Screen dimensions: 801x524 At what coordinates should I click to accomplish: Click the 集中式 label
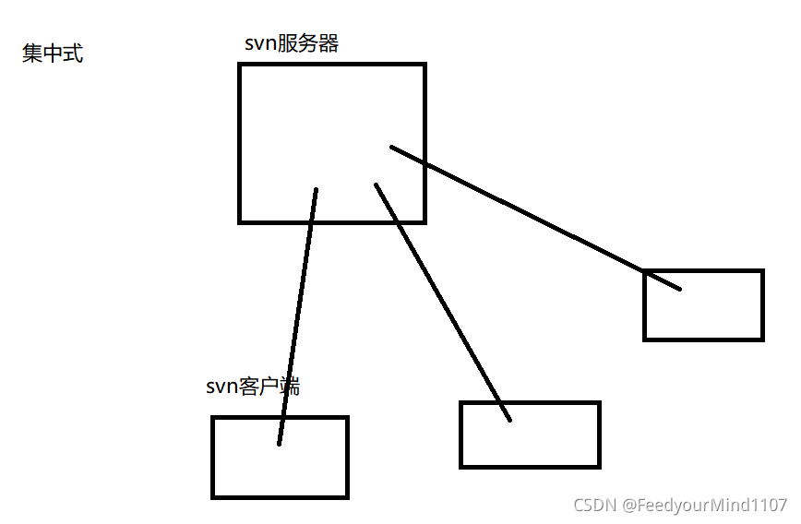(x=53, y=54)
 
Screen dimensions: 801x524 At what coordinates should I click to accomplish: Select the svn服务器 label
(x=292, y=43)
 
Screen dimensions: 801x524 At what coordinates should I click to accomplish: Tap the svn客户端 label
(x=253, y=387)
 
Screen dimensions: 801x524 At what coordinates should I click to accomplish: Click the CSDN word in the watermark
(x=594, y=505)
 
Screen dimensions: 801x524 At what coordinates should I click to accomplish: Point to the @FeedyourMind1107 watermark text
(x=704, y=505)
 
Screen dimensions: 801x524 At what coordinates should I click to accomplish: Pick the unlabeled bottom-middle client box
(x=554, y=443)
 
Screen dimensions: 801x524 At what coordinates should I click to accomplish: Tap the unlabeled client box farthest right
(x=720, y=314)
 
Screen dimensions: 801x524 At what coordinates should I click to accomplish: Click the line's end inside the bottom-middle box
(x=509, y=421)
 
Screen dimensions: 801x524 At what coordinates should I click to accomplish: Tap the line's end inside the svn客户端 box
(x=279, y=444)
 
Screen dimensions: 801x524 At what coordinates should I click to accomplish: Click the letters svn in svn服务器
(x=261, y=44)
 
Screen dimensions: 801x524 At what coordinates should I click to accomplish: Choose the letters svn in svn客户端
(x=222, y=387)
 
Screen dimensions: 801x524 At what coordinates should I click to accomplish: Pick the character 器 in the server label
(x=329, y=43)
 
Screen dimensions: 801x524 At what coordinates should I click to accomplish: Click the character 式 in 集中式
(x=73, y=54)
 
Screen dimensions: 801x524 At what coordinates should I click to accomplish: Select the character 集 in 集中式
(x=32, y=54)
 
